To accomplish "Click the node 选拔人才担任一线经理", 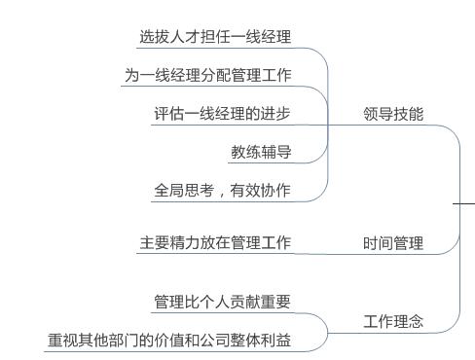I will tap(215, 37).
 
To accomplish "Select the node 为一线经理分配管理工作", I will tap(208, 75).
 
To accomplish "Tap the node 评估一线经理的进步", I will tap(222, 113).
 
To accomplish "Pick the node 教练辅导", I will tap(260, 152).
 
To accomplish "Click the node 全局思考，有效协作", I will tap(222, 191).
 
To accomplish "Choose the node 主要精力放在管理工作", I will tap(215, 242).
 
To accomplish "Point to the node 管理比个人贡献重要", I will tap(222, 302).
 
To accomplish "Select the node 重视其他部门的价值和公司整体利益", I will tap(169, 341).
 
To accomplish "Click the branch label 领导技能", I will tap(393, 114).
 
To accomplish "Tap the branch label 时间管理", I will tap(393, 243).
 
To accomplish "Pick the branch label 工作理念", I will tap(393, 321).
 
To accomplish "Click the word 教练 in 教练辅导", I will tap(245, 152).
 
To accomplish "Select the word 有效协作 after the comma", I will tap(261, 191).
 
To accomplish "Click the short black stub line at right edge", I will tap(465, 204).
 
